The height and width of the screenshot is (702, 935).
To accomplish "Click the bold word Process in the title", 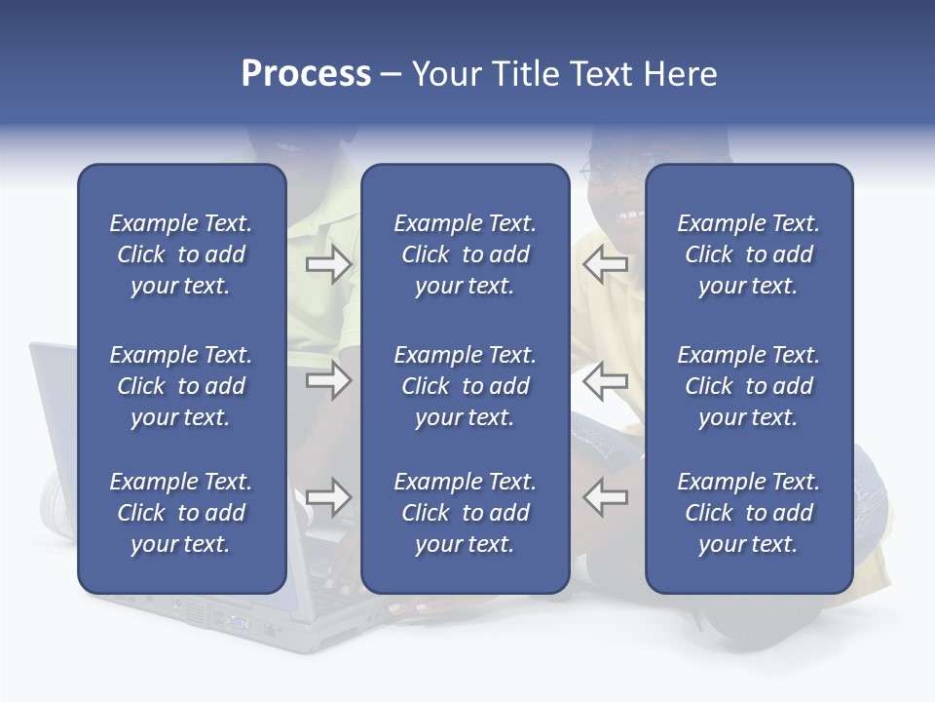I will (x=306, y=74).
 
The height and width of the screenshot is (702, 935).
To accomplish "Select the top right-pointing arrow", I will (x=328, y=264).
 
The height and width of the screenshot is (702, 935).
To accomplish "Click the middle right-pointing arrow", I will (x=328, y=380).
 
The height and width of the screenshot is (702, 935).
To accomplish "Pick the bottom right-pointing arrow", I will (x=328, y=497).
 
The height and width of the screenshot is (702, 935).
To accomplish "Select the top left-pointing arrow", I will (x=605, y=264).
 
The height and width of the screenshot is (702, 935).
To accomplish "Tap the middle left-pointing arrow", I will (x=605, y=380).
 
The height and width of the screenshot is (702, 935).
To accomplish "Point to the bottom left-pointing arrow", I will (x=605, y=497).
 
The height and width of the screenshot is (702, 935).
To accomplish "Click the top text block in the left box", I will (x=181, y=254).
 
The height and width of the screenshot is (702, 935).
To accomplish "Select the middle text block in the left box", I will (x=181, y=386).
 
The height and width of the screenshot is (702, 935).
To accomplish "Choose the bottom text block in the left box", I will (x=181, y=513).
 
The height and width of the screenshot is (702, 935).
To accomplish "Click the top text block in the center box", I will (x=465, y=254).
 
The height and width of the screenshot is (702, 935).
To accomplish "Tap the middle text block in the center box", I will (x=465, y=386).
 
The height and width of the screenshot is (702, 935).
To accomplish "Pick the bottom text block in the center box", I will (x=465, y=513).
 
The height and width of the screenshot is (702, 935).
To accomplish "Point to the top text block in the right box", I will (x=748, y=254).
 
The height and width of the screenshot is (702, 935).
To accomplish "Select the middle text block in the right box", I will (x=748, y=386).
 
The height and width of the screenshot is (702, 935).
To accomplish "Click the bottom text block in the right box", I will (x=748, y=513).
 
